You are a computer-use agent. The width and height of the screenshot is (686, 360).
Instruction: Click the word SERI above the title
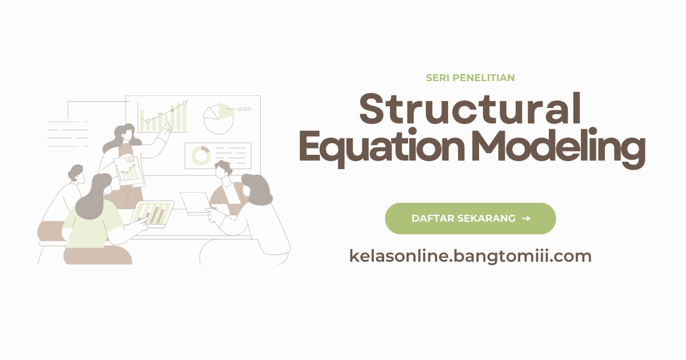[x=437, y=78]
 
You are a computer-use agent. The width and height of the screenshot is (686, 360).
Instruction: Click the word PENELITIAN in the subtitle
[x=483, y=78]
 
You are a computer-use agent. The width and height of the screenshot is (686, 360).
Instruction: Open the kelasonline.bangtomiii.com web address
[x=470, y=256]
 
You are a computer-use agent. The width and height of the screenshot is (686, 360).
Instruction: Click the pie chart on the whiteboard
[x=219, y=118]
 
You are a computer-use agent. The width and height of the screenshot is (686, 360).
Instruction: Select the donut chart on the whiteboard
[x=201, y=155]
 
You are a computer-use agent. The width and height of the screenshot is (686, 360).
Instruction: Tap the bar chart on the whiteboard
[x=163, y=117]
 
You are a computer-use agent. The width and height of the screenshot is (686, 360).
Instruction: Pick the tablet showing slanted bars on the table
[x=152, y=214]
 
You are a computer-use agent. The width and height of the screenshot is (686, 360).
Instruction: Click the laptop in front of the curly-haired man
[x=196, y=202]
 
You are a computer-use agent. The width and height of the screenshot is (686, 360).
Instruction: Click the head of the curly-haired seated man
[x=223, y=170]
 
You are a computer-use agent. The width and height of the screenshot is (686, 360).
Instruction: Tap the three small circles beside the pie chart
[x=245, y=109]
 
